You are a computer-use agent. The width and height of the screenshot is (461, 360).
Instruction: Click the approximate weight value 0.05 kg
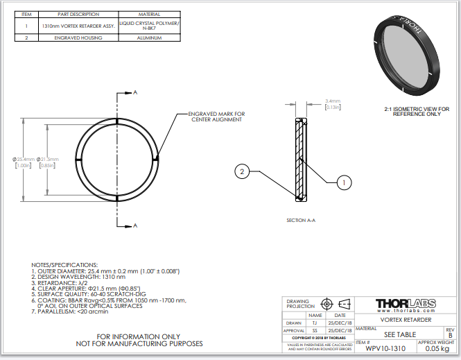click(x=437, y=349)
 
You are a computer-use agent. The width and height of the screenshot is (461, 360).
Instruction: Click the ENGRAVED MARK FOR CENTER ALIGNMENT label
click(x=217, y=117)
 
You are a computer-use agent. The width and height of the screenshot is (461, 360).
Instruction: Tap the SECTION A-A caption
click(x=301, y=220)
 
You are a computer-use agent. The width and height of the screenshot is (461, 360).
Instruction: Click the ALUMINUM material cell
click(x=150, y=38)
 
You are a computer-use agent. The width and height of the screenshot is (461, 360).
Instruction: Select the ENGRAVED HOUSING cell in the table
click(x=78, y=38)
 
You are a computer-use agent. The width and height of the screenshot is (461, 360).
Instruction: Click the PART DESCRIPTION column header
click(x=78, y=14)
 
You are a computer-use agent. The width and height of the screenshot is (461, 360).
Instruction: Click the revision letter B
click(x=450, y=335)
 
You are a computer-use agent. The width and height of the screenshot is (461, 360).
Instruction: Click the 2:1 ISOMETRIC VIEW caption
click(x=417, y=109)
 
